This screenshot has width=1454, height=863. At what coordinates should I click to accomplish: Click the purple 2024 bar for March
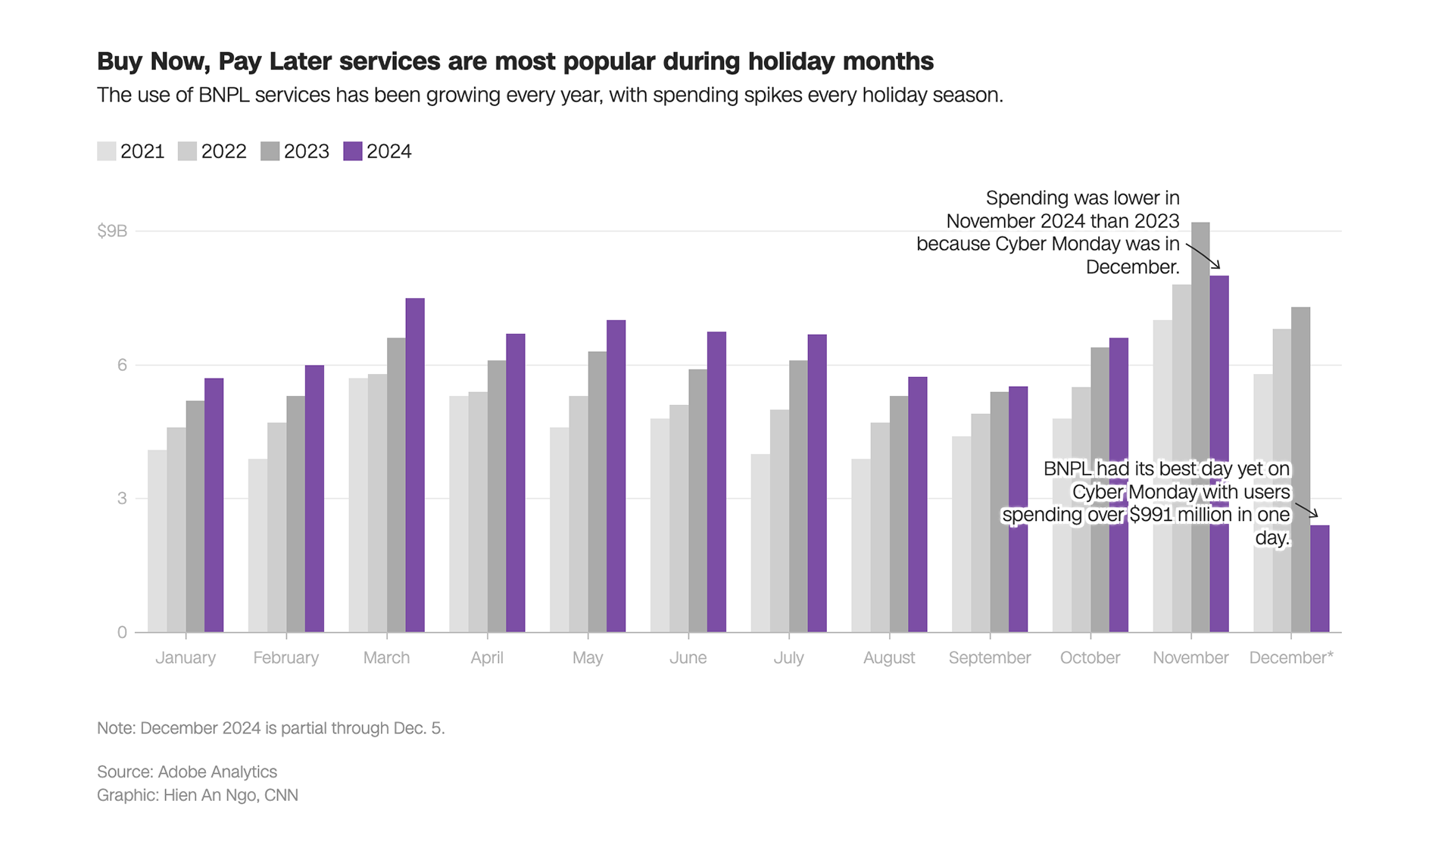(415, 466)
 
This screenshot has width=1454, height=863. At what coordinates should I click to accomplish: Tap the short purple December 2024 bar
(1320, 579)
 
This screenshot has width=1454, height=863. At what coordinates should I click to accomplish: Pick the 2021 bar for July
(760, 544)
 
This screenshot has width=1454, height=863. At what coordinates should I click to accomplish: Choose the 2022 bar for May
(579, 515)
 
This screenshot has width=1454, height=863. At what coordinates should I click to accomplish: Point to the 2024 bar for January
(214, 506)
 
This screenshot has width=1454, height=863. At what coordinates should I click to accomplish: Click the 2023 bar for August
(899, 515)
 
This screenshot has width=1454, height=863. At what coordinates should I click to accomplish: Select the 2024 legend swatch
(353, 151)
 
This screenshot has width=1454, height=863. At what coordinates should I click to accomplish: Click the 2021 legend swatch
(107, 151)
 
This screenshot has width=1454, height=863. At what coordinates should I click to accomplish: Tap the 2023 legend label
(307, 151)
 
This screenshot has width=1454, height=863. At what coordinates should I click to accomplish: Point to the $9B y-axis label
(112, 231)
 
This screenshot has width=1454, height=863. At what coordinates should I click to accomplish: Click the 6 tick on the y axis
(122, 365)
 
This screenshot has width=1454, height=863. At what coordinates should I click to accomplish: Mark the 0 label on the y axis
(122, 633)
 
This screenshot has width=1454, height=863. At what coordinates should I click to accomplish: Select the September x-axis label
(990, 658)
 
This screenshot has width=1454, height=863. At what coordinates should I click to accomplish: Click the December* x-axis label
(1291, 658)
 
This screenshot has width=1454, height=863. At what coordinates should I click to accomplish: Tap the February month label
(286, 658)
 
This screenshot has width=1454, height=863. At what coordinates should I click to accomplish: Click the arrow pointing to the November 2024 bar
(1204, 257)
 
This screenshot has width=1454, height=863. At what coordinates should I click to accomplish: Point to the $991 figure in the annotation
(1153, 515)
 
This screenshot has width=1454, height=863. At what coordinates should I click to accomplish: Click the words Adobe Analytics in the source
(217, 772)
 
